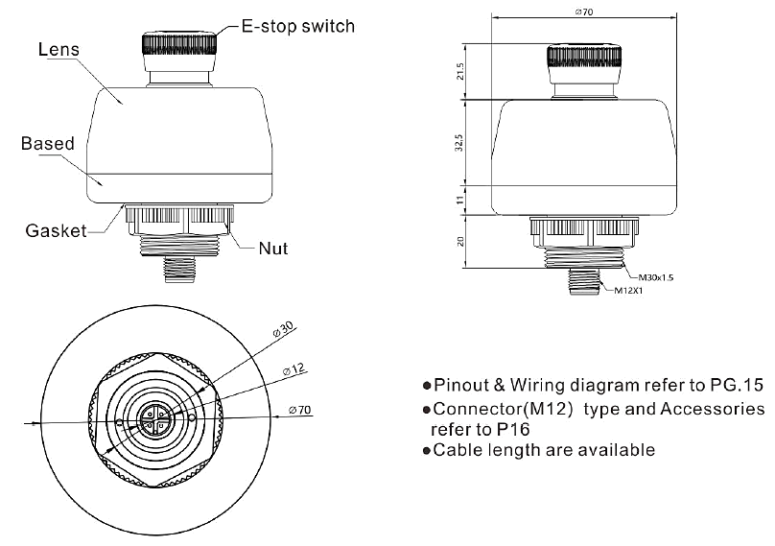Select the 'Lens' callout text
58,49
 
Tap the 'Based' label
48,145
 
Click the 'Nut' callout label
272,249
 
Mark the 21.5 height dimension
462,71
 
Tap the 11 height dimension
462,200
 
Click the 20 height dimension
462,242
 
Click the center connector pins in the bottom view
154,419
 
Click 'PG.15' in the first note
740,386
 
